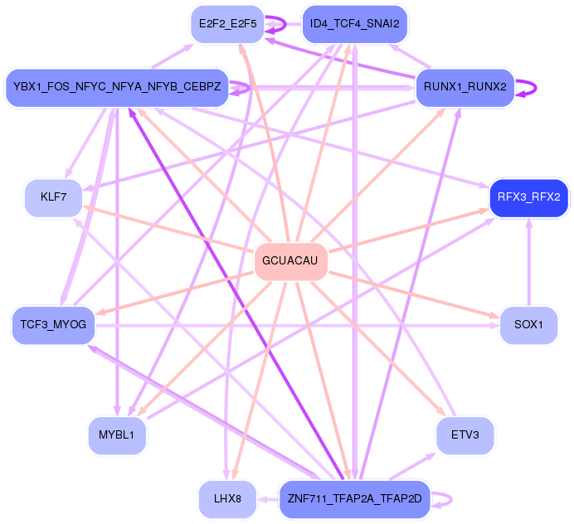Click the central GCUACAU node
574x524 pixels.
pos(289,260)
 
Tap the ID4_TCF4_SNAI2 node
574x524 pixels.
pos(354,24)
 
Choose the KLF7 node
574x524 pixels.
pos(53,197)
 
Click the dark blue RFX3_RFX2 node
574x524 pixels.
pos(528,197)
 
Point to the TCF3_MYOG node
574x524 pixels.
pos(53,324)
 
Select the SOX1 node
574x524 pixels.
pos(528,324)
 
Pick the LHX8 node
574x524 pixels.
pos(226,499)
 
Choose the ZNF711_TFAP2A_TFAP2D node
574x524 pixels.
pos(354,499)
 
